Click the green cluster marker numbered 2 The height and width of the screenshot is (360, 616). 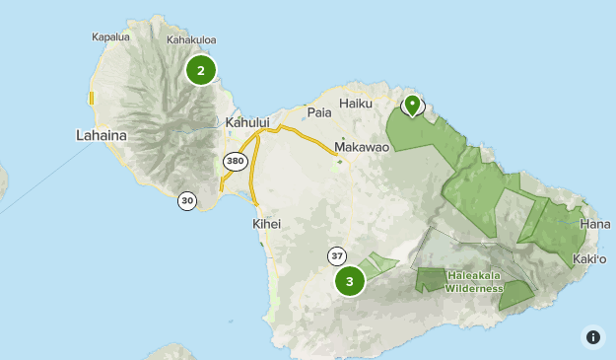201,70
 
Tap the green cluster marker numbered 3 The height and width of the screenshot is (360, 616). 350,281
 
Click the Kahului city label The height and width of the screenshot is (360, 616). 246,122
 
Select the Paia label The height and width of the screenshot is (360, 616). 319,112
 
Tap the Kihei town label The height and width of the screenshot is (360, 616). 266,224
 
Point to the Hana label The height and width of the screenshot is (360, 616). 595,224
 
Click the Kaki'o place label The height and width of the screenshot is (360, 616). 588,258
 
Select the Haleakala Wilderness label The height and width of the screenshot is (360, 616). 474,282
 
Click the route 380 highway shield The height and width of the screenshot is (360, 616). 235,160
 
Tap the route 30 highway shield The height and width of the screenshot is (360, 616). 187,200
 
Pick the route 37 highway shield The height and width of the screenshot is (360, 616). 337,256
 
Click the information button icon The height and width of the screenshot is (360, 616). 592,336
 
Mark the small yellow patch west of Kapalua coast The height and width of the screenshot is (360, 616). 91,99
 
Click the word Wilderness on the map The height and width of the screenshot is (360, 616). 474,288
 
